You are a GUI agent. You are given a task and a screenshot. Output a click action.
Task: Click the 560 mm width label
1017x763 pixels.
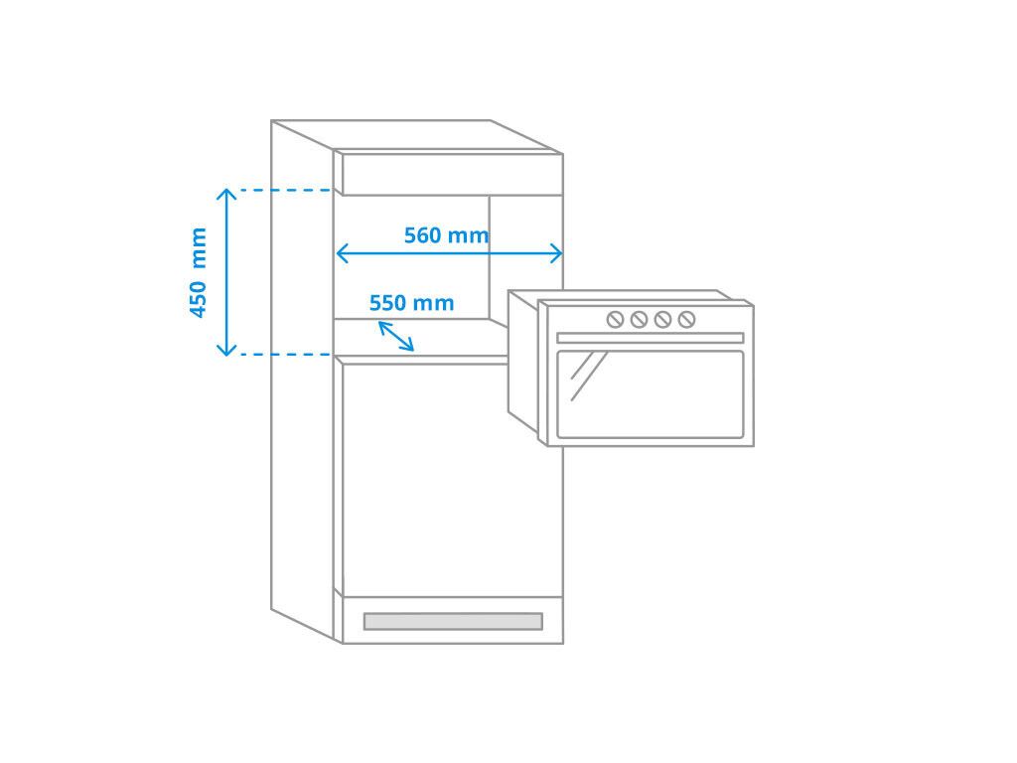(x=446, y=234)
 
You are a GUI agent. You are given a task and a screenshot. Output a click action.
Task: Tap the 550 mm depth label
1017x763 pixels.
(x=411, y=303)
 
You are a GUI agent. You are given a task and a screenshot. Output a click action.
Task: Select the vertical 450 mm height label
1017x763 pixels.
(x=198, y=272)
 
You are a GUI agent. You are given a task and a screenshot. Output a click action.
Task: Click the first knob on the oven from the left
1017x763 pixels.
(x=615, y=319)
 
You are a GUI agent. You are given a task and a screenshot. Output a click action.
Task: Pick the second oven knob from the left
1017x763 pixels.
(x=639, y=319)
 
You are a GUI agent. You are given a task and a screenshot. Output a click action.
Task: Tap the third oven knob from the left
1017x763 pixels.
(x=662, y=319)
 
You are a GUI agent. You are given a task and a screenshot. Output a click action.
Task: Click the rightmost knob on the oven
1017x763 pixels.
(x=687, y=319)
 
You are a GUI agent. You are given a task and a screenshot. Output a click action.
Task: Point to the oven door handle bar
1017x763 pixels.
(x=650, y=338)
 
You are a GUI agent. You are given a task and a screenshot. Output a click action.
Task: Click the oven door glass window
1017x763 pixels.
(x=650, y=394)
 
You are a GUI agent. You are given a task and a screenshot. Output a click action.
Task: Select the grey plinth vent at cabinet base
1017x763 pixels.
(x=453, y=621)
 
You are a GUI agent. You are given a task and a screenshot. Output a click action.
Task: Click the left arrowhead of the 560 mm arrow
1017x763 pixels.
(x=343, y=253)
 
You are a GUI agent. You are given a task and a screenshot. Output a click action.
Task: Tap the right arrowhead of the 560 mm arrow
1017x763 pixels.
(x=556, y=253)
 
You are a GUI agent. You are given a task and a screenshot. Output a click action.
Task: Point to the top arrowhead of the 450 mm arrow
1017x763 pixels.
(x=226, y=194)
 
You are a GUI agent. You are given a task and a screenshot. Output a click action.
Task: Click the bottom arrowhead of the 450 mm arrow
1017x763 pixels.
(x=226, y=350)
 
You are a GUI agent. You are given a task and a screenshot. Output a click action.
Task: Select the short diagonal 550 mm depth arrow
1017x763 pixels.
(x=395, y=336)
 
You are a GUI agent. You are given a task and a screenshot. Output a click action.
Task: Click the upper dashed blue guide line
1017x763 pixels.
(x=286, y=190)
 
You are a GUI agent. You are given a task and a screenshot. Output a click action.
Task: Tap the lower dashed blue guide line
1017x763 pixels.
(x=286, y=355)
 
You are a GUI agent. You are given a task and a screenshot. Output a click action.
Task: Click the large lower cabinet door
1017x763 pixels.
(x=452, y=480)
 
